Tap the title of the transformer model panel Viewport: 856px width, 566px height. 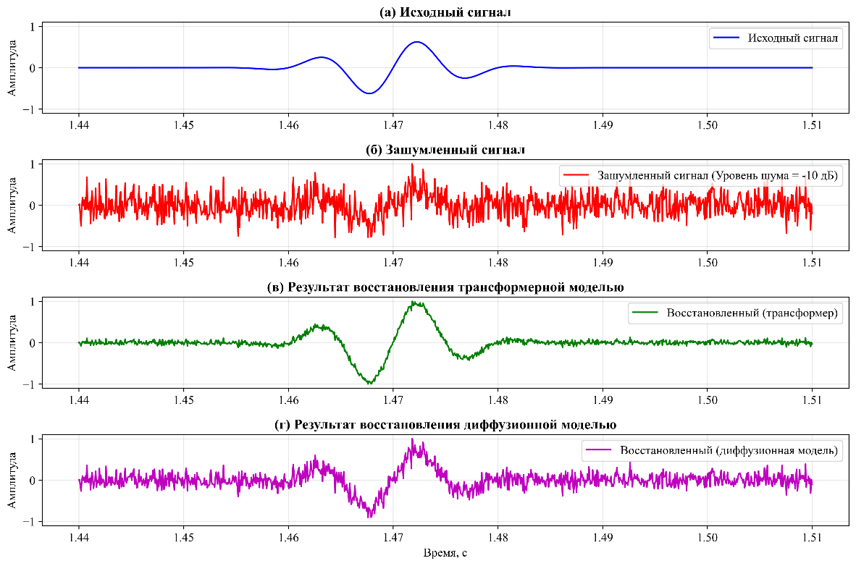coord(445,287)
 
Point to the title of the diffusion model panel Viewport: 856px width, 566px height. coord(445,425)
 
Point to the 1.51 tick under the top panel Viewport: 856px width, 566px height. coord(812,124)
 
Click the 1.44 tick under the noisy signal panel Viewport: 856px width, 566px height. coord(79,262)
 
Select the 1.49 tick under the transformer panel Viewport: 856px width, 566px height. coord(603,400)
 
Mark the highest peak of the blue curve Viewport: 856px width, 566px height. coord(416,42)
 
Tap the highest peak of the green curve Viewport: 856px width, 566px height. coord(415,302)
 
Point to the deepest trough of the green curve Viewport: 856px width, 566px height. coord(370,383)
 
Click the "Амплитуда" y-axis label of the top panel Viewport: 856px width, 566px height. coord(12,67)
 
